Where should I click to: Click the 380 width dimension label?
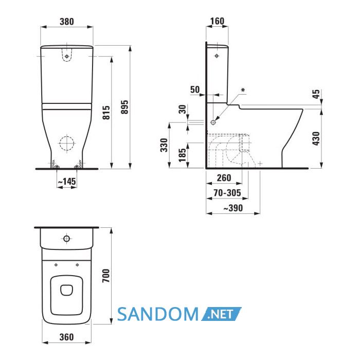(x=67, y=22)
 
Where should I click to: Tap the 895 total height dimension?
(x=125, y=107)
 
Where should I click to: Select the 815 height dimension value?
(x=106, y=113)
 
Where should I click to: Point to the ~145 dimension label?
(x=66, y=182)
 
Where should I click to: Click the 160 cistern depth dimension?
(x=217, y=21)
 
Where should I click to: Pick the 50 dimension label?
(x=195, y=89)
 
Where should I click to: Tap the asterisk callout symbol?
(x=243, y=90)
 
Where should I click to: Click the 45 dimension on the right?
(x=316, y=94)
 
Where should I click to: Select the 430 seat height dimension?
(x=316, y=138)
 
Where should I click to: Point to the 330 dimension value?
(x=164, y=145)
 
